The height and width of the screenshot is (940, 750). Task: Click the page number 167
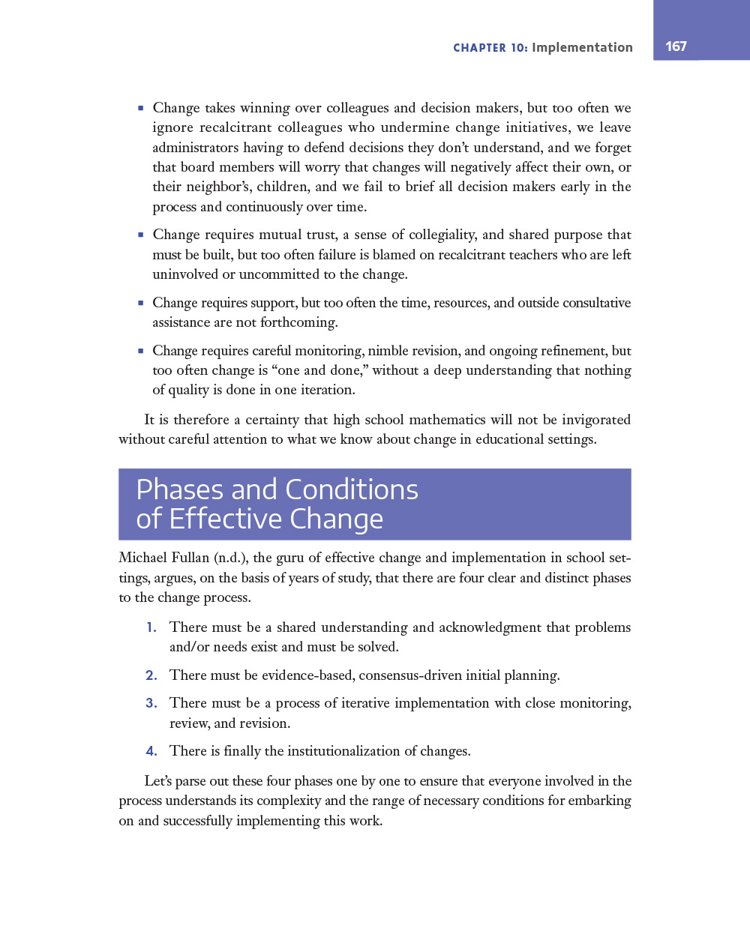point(676,46)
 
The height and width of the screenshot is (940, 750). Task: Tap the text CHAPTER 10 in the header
point(490,48)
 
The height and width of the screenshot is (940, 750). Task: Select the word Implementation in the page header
point(582,48)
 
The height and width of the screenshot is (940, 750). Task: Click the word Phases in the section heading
point(180,489)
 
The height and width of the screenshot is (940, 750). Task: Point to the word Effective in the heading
point(226,519)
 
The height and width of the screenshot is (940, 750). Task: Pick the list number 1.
point(151,627)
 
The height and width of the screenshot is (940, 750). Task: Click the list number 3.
point(151,703)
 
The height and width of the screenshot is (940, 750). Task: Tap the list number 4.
point(151,751)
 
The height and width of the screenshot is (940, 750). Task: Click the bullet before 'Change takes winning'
point(140,109)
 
